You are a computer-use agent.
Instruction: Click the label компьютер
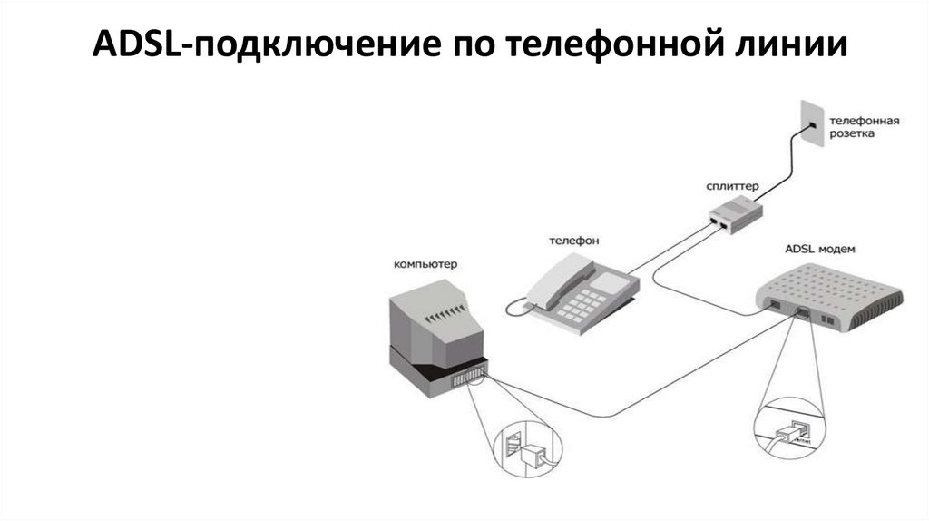[x=425, y=264]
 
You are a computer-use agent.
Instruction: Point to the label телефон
[x=573, y=241]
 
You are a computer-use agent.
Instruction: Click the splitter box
[x=736, y=214]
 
